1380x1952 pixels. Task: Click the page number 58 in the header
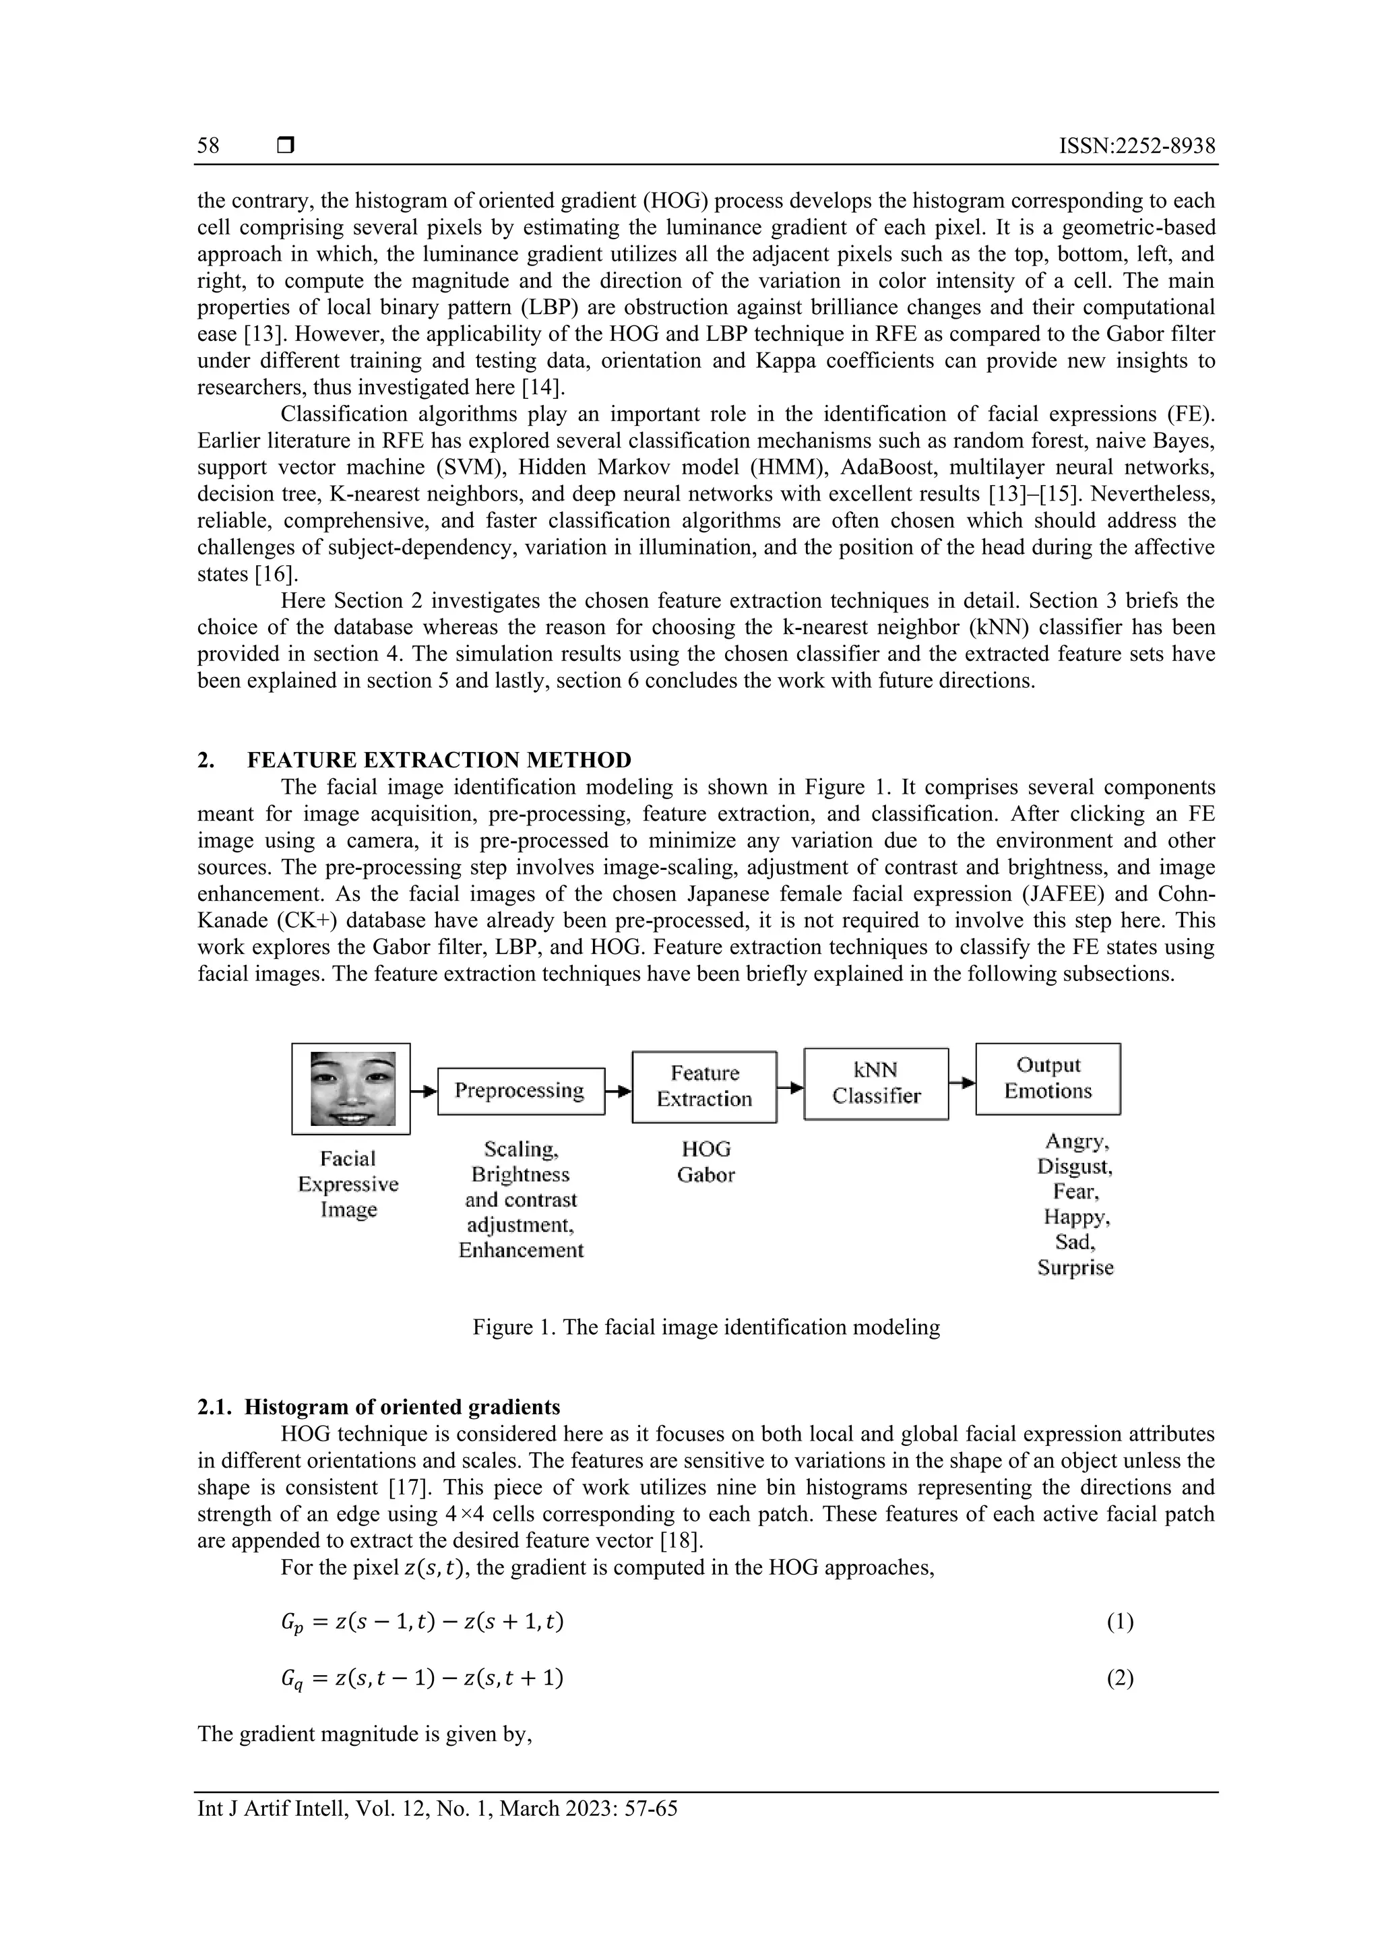(x=208, y=146)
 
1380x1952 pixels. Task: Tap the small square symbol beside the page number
(x=286, y=146)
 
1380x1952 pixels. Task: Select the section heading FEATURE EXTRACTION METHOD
(x=439, y=760)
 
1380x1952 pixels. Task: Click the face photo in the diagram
(x=350, y=1089)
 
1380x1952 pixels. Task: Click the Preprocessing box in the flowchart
(x=520, y=1091)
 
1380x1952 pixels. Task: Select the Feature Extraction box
(x=704, y=1087)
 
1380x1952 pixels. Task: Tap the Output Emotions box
(x=1048, y=1078)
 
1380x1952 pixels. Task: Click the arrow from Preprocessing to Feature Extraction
(x=618, y=1091)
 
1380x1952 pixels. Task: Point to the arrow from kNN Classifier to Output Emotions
(x=962, y=1082)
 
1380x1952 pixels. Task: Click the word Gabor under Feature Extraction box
(x=705, y=1176)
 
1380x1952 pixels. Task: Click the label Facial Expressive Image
(x=348, y=1185)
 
